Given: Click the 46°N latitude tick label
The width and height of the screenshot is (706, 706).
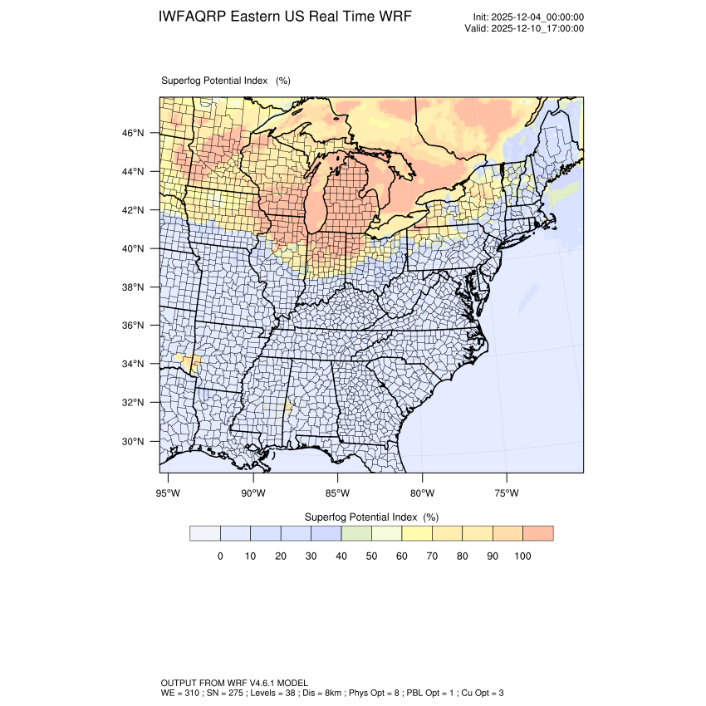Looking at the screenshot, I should pos(134,133).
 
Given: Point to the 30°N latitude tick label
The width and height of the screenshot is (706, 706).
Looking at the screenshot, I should pos(134,441).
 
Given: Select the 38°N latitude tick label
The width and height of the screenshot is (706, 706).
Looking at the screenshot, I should pos(134,287).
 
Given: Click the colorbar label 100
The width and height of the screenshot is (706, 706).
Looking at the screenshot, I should pos(522,556).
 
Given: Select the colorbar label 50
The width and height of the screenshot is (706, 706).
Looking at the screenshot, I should pos(371,556).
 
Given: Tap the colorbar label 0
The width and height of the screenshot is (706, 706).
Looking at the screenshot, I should pos(220,556).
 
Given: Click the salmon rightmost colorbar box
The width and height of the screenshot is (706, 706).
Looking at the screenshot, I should pos(538,533).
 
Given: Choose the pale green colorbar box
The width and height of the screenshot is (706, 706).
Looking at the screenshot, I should pos(356,533).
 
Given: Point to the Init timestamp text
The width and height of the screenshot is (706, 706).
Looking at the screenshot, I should pos(528,17).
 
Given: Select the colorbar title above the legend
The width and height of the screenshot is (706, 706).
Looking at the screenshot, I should pos(371,516).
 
